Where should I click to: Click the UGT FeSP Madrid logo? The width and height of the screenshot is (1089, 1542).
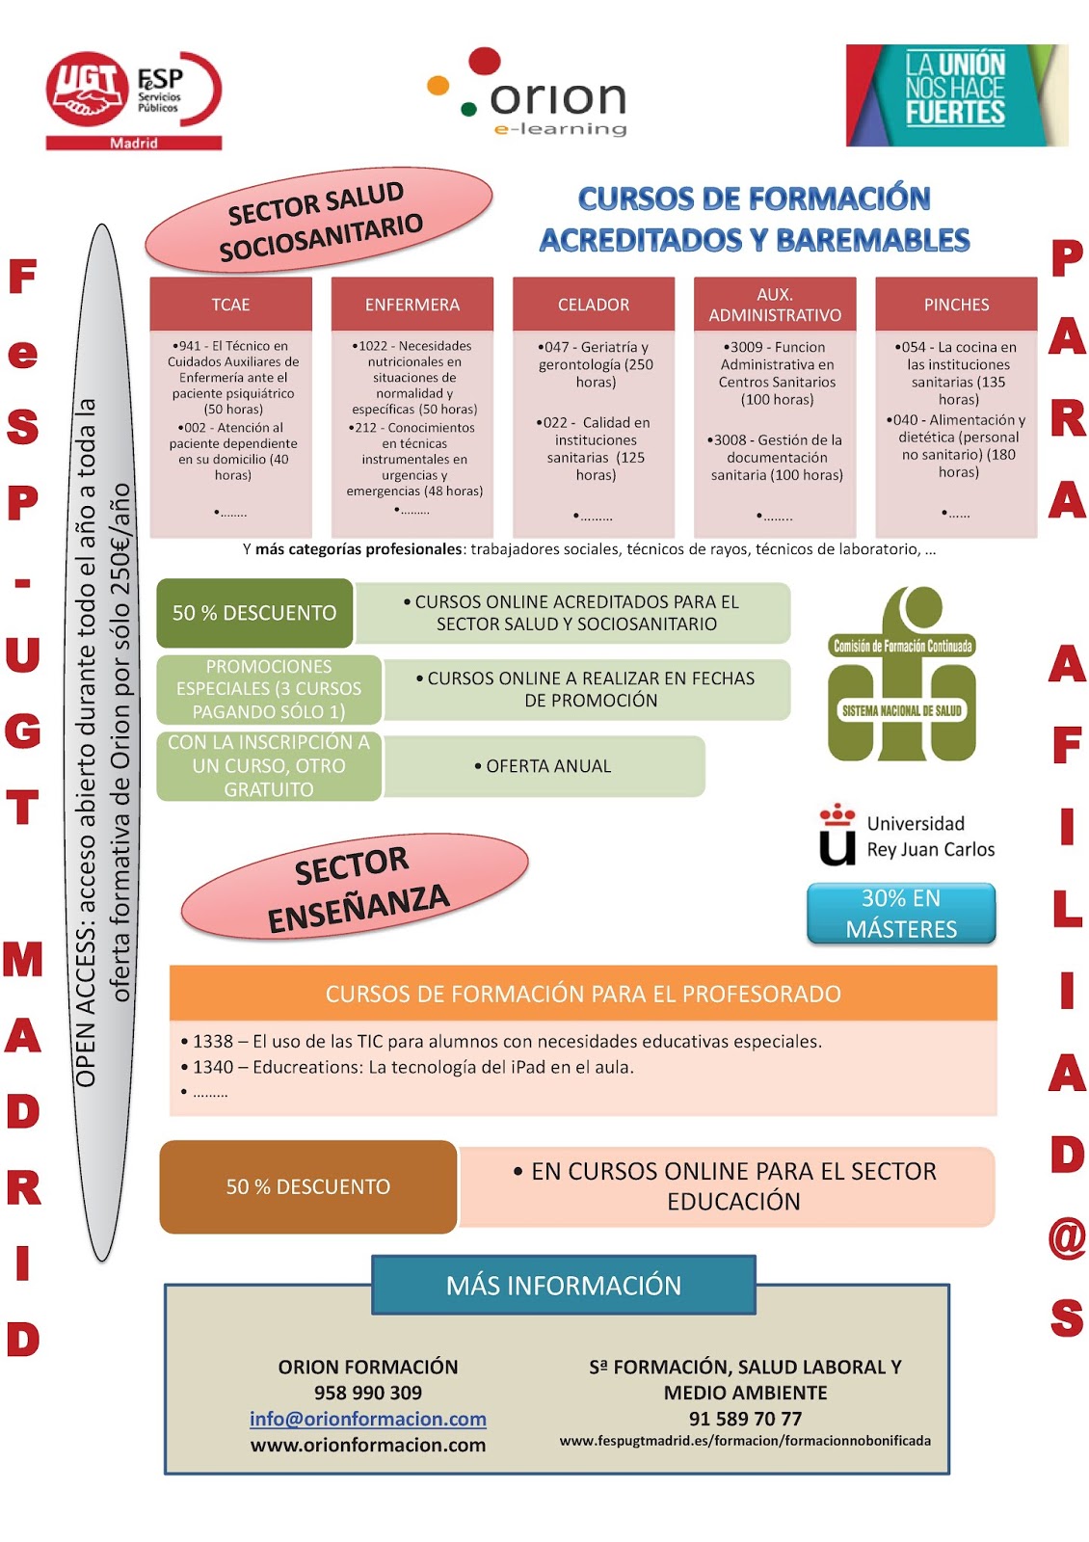pyautogui.click(x=133, y=100)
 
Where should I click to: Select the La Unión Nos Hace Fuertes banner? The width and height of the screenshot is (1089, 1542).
pyautogui.click(x=956, y=94)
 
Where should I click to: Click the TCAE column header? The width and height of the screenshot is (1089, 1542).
pyautogui.click(x=230, y=305)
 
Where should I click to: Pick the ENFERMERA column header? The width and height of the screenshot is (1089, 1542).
pyautogui.click(x=412, y=305)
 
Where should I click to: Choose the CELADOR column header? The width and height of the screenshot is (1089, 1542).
pyautogui.click(x=593, y=305)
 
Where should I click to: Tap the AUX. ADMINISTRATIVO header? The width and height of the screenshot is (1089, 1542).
pyautogui.click(x=775, y=305)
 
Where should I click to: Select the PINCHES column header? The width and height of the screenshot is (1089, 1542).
pyautogui.click(x=956, y=305)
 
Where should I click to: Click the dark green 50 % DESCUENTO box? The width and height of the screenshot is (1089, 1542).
pyautogui.click(x=254, y=613)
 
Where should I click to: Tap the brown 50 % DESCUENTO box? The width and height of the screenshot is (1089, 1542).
pyautogui.click(x=307, y=1186)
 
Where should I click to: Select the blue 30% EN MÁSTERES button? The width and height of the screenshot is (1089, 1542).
pyautogui.click(x=901, y=914)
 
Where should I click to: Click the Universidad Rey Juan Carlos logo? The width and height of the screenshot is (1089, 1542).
pyautogui.click(x=906, y=836)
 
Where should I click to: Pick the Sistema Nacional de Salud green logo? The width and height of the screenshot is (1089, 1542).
pyautogui.click(x=902, y=675)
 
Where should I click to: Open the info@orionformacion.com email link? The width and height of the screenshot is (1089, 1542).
pyautogui.click(x=368, y=1419)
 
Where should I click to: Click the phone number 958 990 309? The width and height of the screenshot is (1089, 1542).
pyautogui.click(x=368, y=1393)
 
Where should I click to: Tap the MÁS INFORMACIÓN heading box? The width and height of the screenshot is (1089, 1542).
pyautogui.click(x=564, y=1285)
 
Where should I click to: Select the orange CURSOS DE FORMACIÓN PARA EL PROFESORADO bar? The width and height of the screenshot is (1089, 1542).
pyautogui.click(x=583, y=994)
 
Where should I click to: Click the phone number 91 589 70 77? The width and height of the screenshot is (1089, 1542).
pyautogui.click(x=745, y=1419)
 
